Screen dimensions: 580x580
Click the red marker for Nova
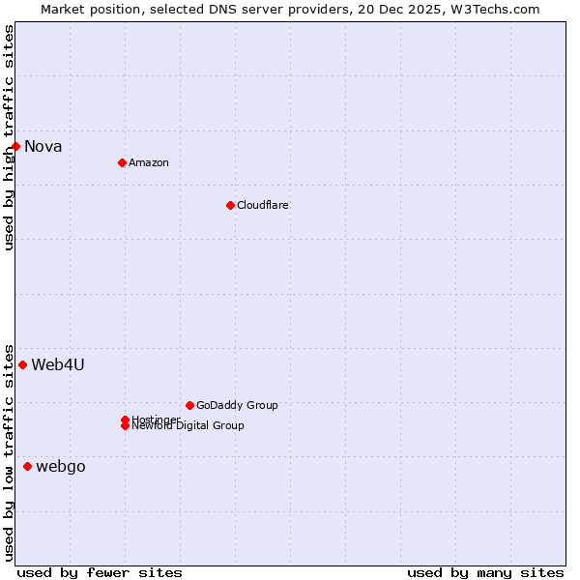(16, 147)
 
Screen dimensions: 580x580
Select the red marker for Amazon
(122, 162)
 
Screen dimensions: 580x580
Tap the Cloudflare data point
(230, 205)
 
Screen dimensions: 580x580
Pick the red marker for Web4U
(22, 364)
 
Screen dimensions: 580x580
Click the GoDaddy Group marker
(189, 405)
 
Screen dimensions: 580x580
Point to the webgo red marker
(27, 467)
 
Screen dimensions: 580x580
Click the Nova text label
(43, 147)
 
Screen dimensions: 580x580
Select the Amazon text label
(149, 162)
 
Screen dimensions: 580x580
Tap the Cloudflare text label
(263, 205)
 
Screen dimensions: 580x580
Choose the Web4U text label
(58, 364)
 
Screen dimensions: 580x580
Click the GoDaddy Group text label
(237, 405)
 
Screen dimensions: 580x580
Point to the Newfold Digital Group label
(188, 426)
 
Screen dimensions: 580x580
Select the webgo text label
(61, 467)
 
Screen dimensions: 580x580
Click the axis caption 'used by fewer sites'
(100, 572)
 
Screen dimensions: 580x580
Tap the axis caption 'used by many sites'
(485, 572)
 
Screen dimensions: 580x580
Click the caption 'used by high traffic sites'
(9, 137)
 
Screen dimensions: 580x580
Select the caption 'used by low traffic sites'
(9, 451)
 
